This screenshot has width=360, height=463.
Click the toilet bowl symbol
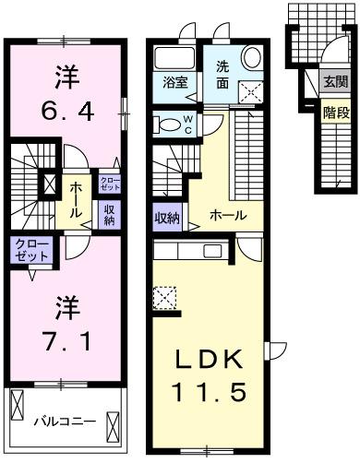(x=167, y=122)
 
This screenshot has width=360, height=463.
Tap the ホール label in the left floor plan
(x=74, y=197)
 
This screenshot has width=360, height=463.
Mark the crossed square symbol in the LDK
(x=164, y=298)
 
